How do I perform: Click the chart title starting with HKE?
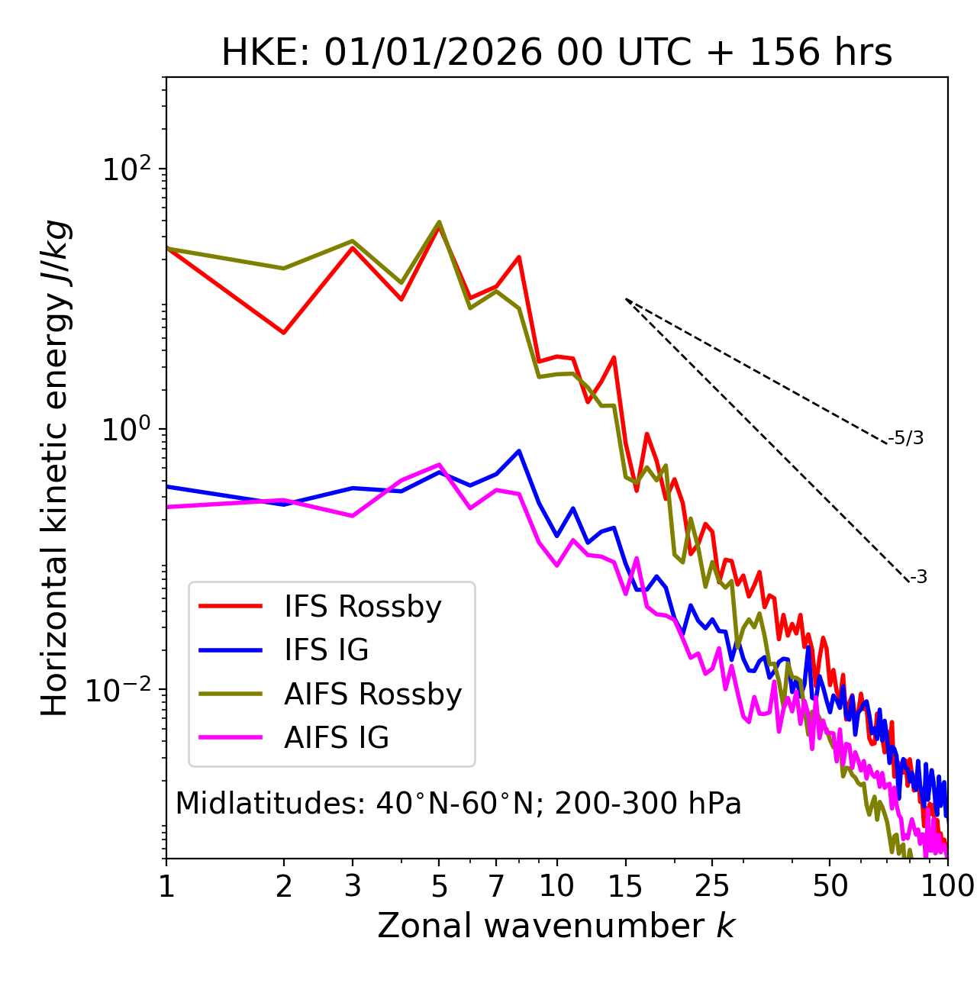tap(556, 53)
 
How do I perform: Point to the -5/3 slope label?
tap(906, 439)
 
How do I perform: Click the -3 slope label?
tap(918, 578)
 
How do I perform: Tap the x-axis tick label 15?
tap(625, 886)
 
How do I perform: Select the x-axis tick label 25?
tap(712, 886)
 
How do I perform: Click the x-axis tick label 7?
tap(496, 886)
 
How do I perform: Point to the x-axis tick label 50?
tap(830, 886)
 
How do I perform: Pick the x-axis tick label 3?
tap(352, 886)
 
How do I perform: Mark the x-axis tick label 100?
tap(946, 886)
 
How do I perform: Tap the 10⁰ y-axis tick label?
tap(126, 429)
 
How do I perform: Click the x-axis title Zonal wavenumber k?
tap(556, 926)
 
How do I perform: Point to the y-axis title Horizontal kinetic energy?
tap(55, 468)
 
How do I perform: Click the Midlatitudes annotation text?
tap(458, 804)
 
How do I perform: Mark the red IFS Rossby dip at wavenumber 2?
tap(284, 333)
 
